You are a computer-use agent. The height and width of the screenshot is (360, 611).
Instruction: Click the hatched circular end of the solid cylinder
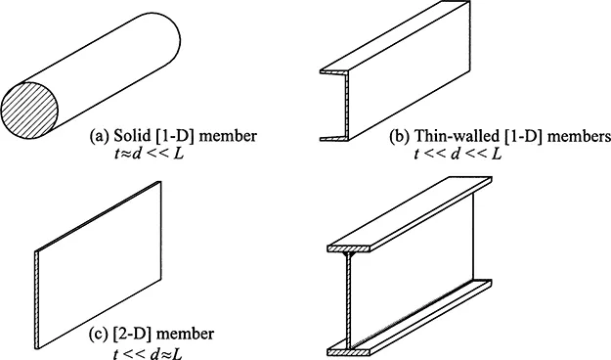click(x=29, y=111)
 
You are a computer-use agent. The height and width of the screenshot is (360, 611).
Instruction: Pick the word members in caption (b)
click(x=579, y=136)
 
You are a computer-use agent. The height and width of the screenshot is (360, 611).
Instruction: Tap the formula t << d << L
click(x=458, y=154)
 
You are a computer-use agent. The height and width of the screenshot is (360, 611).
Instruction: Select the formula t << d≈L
click(x=148, y=353)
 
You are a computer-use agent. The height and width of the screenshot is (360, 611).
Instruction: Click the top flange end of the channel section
click(x=334, y=72)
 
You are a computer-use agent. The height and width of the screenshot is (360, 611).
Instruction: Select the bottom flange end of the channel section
click(x=334, y=138)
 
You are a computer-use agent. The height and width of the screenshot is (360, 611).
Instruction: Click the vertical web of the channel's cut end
click(x=347, y=105)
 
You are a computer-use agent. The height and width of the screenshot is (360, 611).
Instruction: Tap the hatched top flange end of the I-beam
click(x=349, y=248)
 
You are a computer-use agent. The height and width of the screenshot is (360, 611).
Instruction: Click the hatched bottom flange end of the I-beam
click(x=349, y=352)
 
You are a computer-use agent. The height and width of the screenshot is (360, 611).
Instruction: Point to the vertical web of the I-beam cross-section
click(x=349, y=300)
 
